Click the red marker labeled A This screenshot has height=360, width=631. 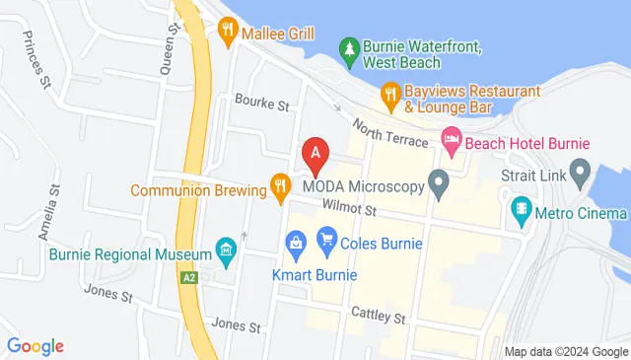(315, 155)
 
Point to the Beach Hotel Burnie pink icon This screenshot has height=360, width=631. (452, 142)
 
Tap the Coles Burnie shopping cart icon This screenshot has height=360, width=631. (326, 238)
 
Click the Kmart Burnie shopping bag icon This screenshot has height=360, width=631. (295, 242)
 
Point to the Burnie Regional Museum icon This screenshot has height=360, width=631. (227, 252)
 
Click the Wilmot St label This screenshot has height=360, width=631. (349, 208)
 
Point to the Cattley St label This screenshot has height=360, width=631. (379, 316)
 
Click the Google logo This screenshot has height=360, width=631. (35, 346)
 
